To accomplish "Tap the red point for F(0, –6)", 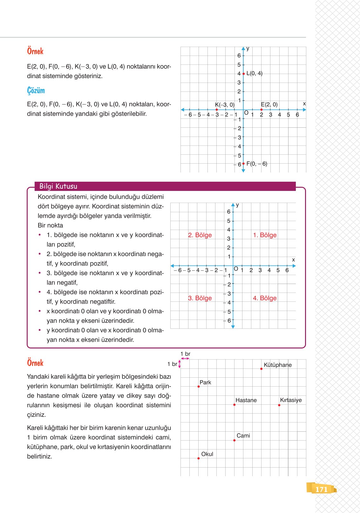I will [243, 164].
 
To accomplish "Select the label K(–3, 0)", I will [224, 105].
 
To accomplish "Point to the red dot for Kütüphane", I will [261, 369].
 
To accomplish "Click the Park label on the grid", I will [205, 382].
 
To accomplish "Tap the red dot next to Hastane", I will [234, 405].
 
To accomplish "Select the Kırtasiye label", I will [291, 400].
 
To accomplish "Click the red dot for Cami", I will [234, 440].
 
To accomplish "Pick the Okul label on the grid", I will [207, 454].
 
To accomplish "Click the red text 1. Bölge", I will [265, 235].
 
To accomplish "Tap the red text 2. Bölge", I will [200, 235].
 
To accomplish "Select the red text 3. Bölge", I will [200, 298].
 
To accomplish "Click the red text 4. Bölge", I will [265, 298].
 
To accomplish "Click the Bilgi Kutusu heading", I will [58, 186].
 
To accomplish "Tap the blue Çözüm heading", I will [36, 91].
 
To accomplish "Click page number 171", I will [321, 489].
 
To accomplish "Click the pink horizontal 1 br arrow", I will [185, 358].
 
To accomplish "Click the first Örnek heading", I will [35, 51].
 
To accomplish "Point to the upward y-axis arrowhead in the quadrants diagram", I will [233, 205].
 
